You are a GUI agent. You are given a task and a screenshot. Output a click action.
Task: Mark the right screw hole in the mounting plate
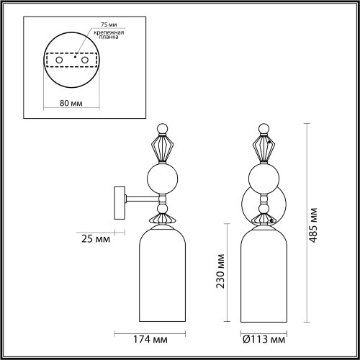point(84,62)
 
